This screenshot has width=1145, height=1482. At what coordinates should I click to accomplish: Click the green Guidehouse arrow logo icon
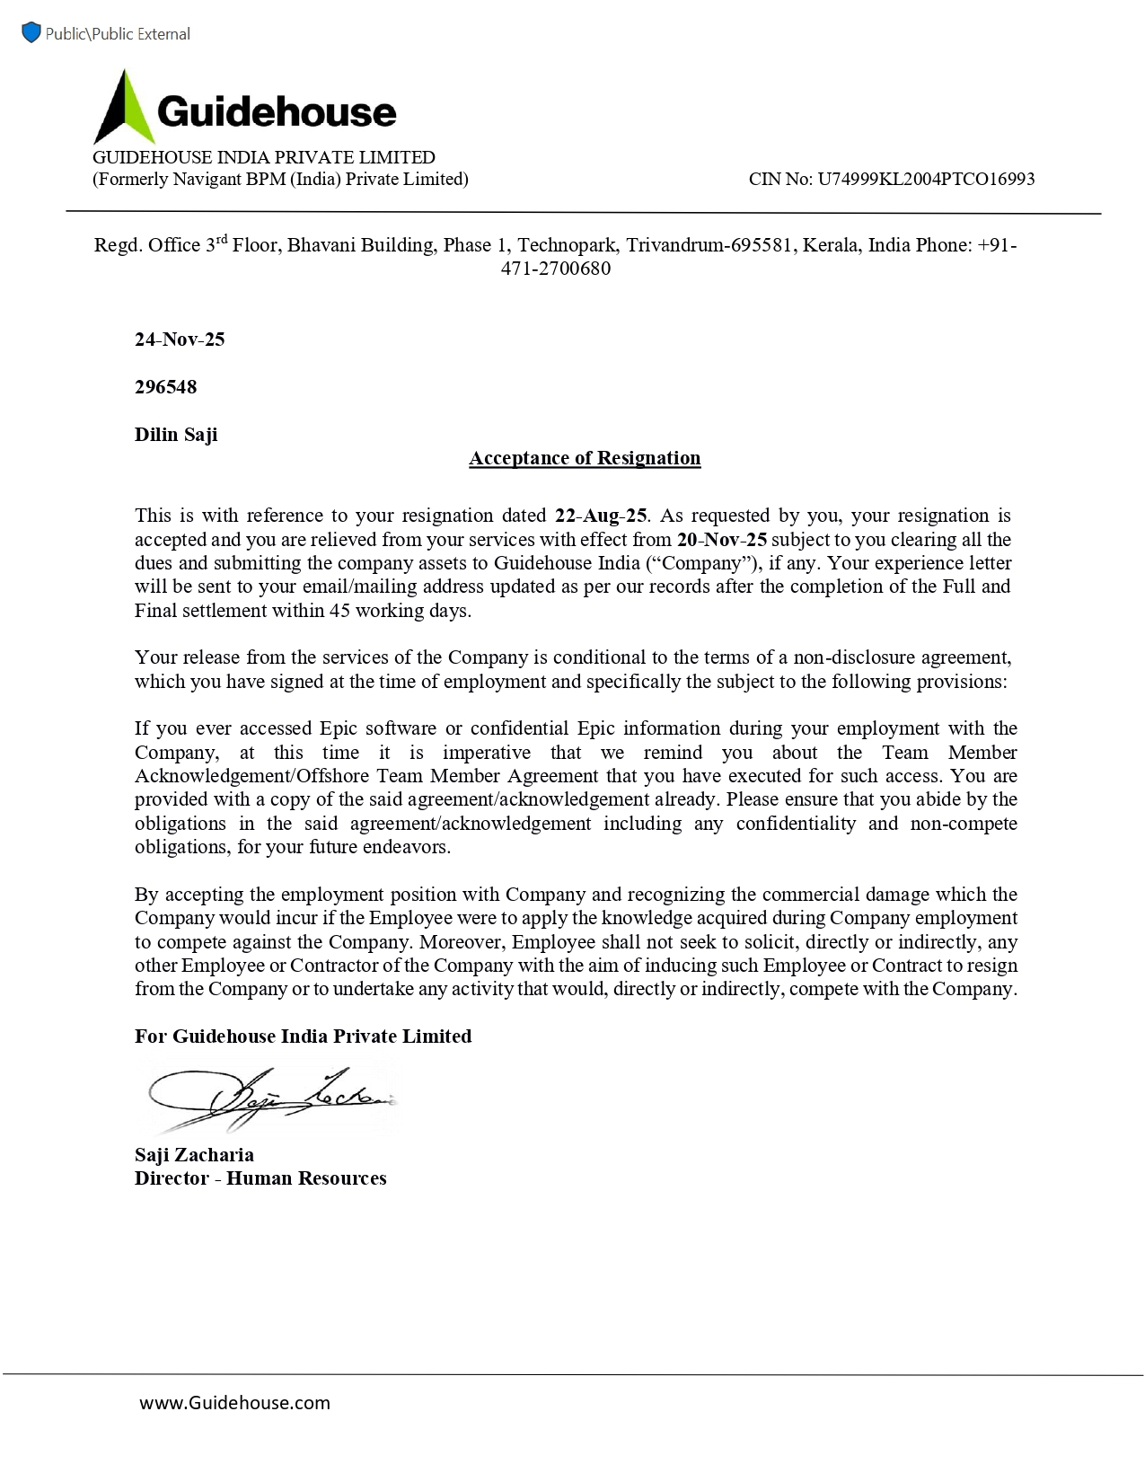[124, 108]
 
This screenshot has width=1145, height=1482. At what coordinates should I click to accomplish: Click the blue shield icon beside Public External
[31, 33]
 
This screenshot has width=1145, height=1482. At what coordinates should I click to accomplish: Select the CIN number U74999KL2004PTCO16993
[925, 179]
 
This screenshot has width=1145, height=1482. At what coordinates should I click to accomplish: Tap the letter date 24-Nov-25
[180, 340]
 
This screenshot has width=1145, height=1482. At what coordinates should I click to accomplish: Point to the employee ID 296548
[165, 387]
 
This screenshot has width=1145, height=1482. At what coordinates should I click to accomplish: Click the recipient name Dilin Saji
[176, 435]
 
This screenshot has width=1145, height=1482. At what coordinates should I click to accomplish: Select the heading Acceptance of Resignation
[585, 458]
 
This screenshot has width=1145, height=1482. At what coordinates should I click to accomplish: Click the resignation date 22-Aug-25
[601, 516]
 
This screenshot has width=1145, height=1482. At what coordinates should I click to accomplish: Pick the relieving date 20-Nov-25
[722, 540]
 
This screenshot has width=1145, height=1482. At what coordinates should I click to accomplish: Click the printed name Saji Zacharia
[194, 1155]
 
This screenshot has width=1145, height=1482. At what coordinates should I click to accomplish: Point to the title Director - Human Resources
[260, 1178]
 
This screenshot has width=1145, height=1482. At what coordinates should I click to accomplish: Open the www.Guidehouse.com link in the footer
[234, 1403]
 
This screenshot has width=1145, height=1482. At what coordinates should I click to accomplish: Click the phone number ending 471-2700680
[556, 269]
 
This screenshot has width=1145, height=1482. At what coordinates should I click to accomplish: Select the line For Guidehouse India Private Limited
[303, 1037]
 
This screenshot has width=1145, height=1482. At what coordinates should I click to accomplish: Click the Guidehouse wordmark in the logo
[277, 112]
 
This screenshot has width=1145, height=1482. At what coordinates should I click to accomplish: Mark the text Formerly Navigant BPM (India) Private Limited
[280, 179]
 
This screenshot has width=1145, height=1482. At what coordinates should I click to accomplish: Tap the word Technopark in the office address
[567, 245]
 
